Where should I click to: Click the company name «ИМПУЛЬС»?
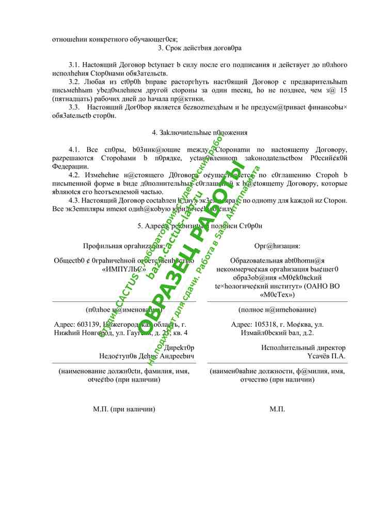pos(124,269)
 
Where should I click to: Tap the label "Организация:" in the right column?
pos(277,246)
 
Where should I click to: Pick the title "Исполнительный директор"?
pos(304,348)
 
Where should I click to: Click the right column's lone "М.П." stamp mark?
pos(277,409)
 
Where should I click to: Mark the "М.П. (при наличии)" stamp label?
pos(124,409)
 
